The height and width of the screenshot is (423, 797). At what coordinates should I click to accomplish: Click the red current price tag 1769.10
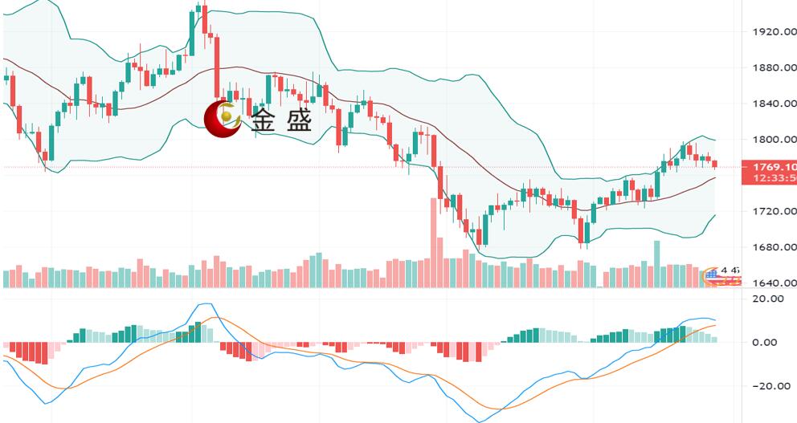[x=770, y=167]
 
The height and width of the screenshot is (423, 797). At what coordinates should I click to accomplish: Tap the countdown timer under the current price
[x=770, y=178]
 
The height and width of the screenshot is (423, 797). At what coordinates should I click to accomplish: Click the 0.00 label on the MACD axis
[x=766, y=343]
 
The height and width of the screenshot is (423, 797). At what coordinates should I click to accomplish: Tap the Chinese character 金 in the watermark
[x=264, y=121]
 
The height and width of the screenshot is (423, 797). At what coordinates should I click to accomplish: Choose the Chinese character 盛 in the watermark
[x=297, y=121]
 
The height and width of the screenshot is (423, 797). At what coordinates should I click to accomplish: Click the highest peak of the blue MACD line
[x=206, y=304]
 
